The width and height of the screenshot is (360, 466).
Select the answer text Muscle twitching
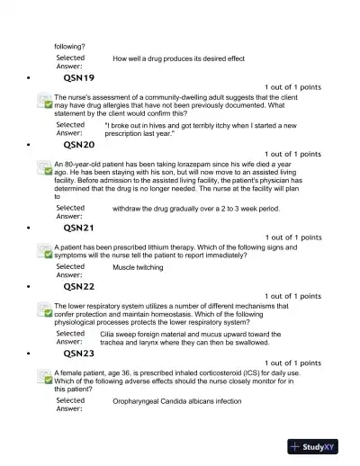(140, 267)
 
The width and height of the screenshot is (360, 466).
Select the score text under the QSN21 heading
(292, 237)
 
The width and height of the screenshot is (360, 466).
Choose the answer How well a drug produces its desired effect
(178, 58)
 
